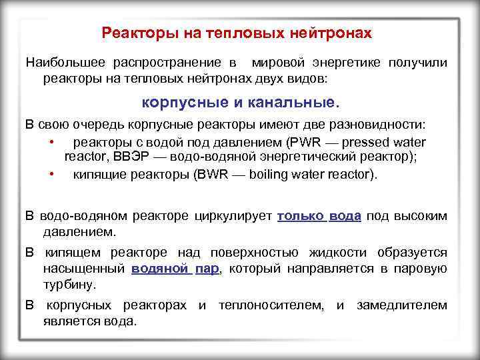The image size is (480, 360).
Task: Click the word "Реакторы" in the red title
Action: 131,32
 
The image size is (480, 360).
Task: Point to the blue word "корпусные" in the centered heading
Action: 178,103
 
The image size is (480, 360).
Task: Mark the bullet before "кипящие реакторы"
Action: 51,175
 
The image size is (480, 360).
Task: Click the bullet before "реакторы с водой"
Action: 51,142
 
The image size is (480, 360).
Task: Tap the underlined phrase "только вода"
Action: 319,216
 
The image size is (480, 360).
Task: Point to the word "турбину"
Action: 69,284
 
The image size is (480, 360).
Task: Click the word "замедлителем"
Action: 402,305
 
